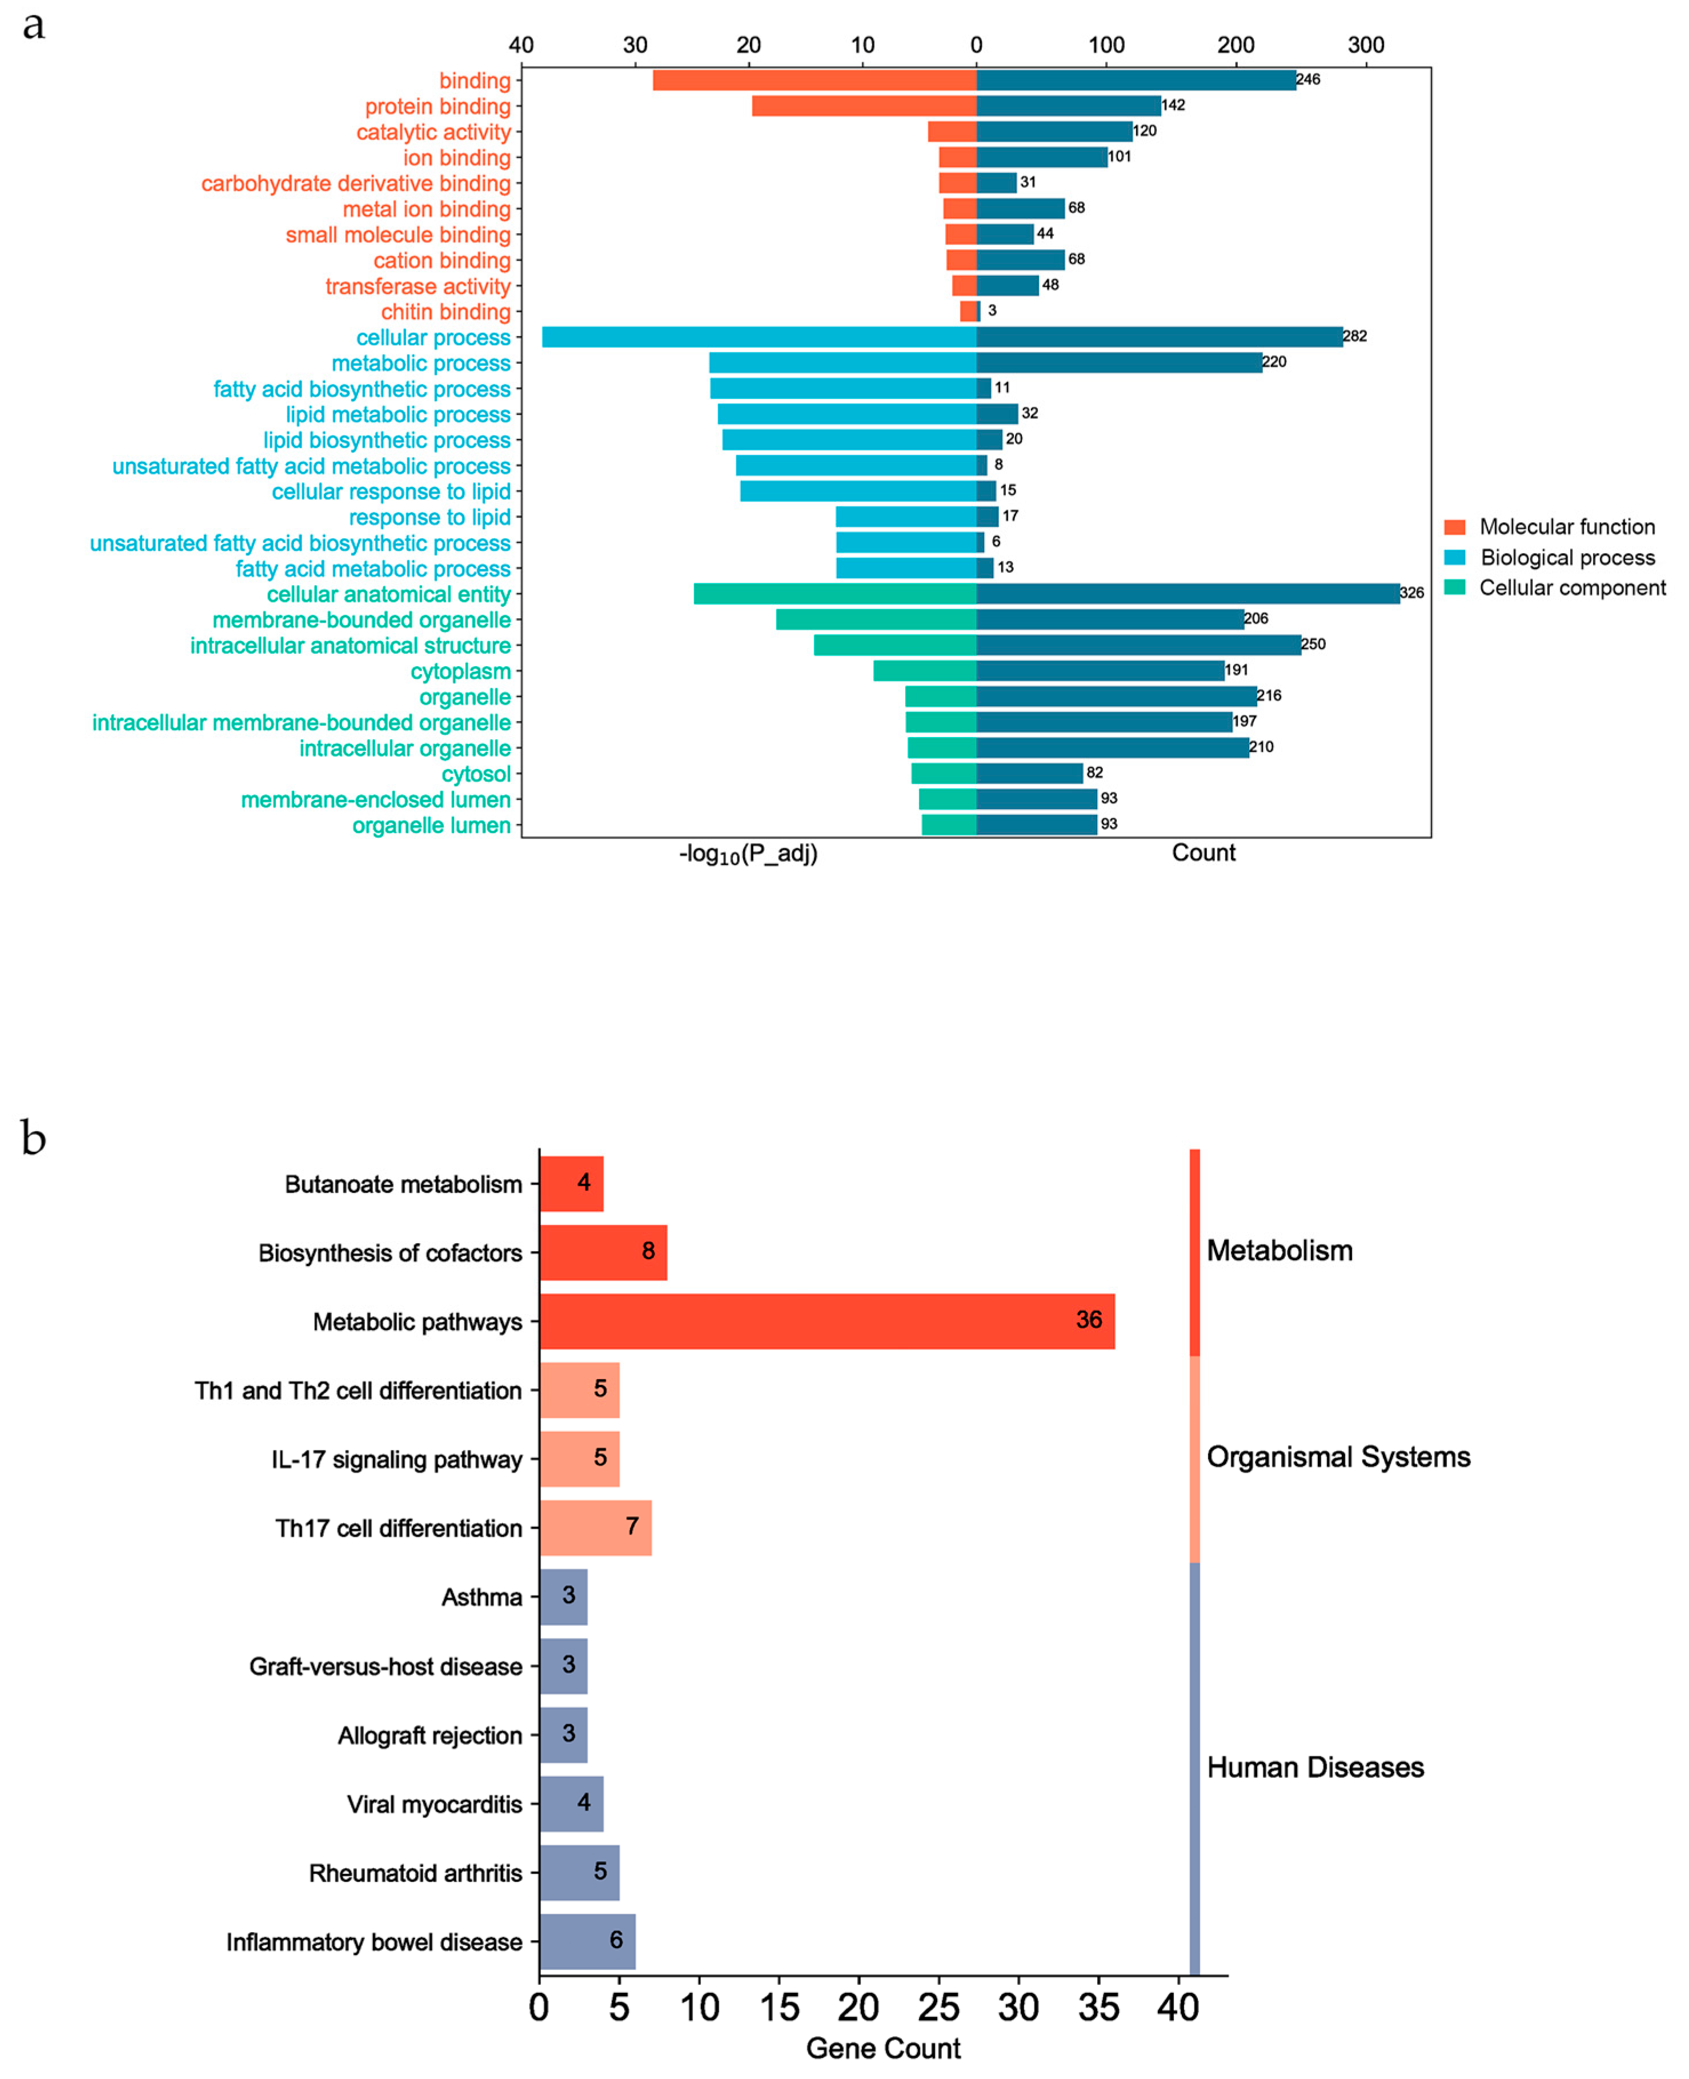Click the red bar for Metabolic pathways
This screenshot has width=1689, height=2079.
pyautogui.click(x=827, y=1320)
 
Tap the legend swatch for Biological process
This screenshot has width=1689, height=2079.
pyautogui.click(x=1454, y=558)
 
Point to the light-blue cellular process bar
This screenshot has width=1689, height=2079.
pyautogui.click(x=759, y=337)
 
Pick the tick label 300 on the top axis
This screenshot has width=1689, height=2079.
pyautogui.click(x=1365, y=45)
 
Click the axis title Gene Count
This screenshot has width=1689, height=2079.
pyautogui.click(x=882, y=2048)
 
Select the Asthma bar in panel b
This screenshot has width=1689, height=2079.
pyautogui.click(x=563, y=1596)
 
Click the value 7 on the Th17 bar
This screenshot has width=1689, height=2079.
pyautogui.click(x=631, y=1525)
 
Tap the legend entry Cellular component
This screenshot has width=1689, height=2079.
pyautogui.click(x=1571, y=588)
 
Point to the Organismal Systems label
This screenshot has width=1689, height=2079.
pyautogui.click(x=1338, y=1456)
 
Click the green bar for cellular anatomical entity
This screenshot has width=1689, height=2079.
pyautogui.click(x=835, y=594)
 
